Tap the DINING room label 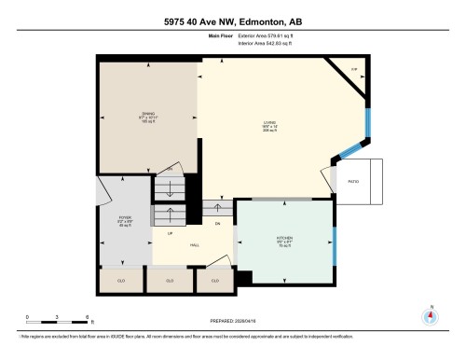point(148,114)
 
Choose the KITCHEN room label point(285,238)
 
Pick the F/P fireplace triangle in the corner point(353,70)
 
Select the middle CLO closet point(169,280)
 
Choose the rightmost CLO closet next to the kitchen point(215,280)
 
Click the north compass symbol point(430,315)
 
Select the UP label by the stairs point(171,234)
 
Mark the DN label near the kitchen point(217,224)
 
